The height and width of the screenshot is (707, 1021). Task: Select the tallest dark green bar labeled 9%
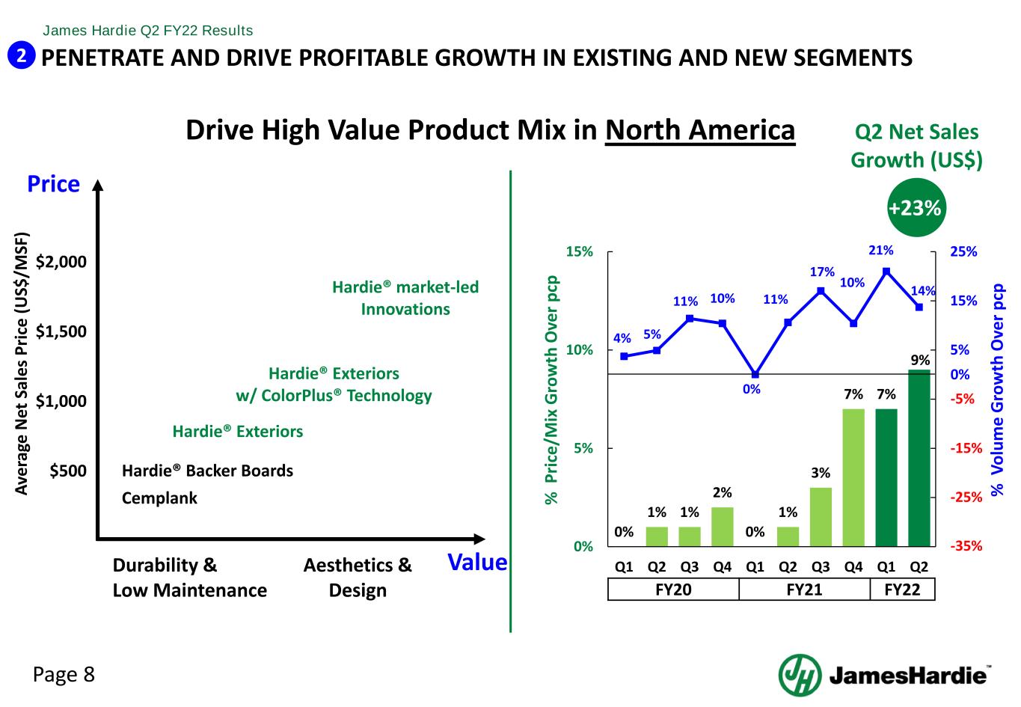[x=919, y=458]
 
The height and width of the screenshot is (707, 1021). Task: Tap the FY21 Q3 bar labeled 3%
[x=821, y=516]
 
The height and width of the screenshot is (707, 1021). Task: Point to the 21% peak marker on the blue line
[x=886, y=271]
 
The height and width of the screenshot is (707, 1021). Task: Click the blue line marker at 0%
[x=755, y=374]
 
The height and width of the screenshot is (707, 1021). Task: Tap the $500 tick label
[x=68, y=471]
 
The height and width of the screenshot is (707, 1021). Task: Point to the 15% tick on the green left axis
[x=578, y=252]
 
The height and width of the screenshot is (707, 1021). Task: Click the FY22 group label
[x=902, y=590]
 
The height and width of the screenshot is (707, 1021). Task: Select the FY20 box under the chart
[x=673, y=590]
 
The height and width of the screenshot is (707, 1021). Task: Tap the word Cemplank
[x=159, y=498]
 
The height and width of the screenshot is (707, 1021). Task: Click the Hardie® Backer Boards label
[x=207, y=471]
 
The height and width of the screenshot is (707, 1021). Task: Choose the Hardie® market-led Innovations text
[x=405, y=298]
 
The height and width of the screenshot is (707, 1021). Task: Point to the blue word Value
[x=477, y=563]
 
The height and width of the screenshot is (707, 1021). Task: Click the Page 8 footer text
[x=64, y=675]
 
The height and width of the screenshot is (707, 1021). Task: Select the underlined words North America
[x=700, y=130]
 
